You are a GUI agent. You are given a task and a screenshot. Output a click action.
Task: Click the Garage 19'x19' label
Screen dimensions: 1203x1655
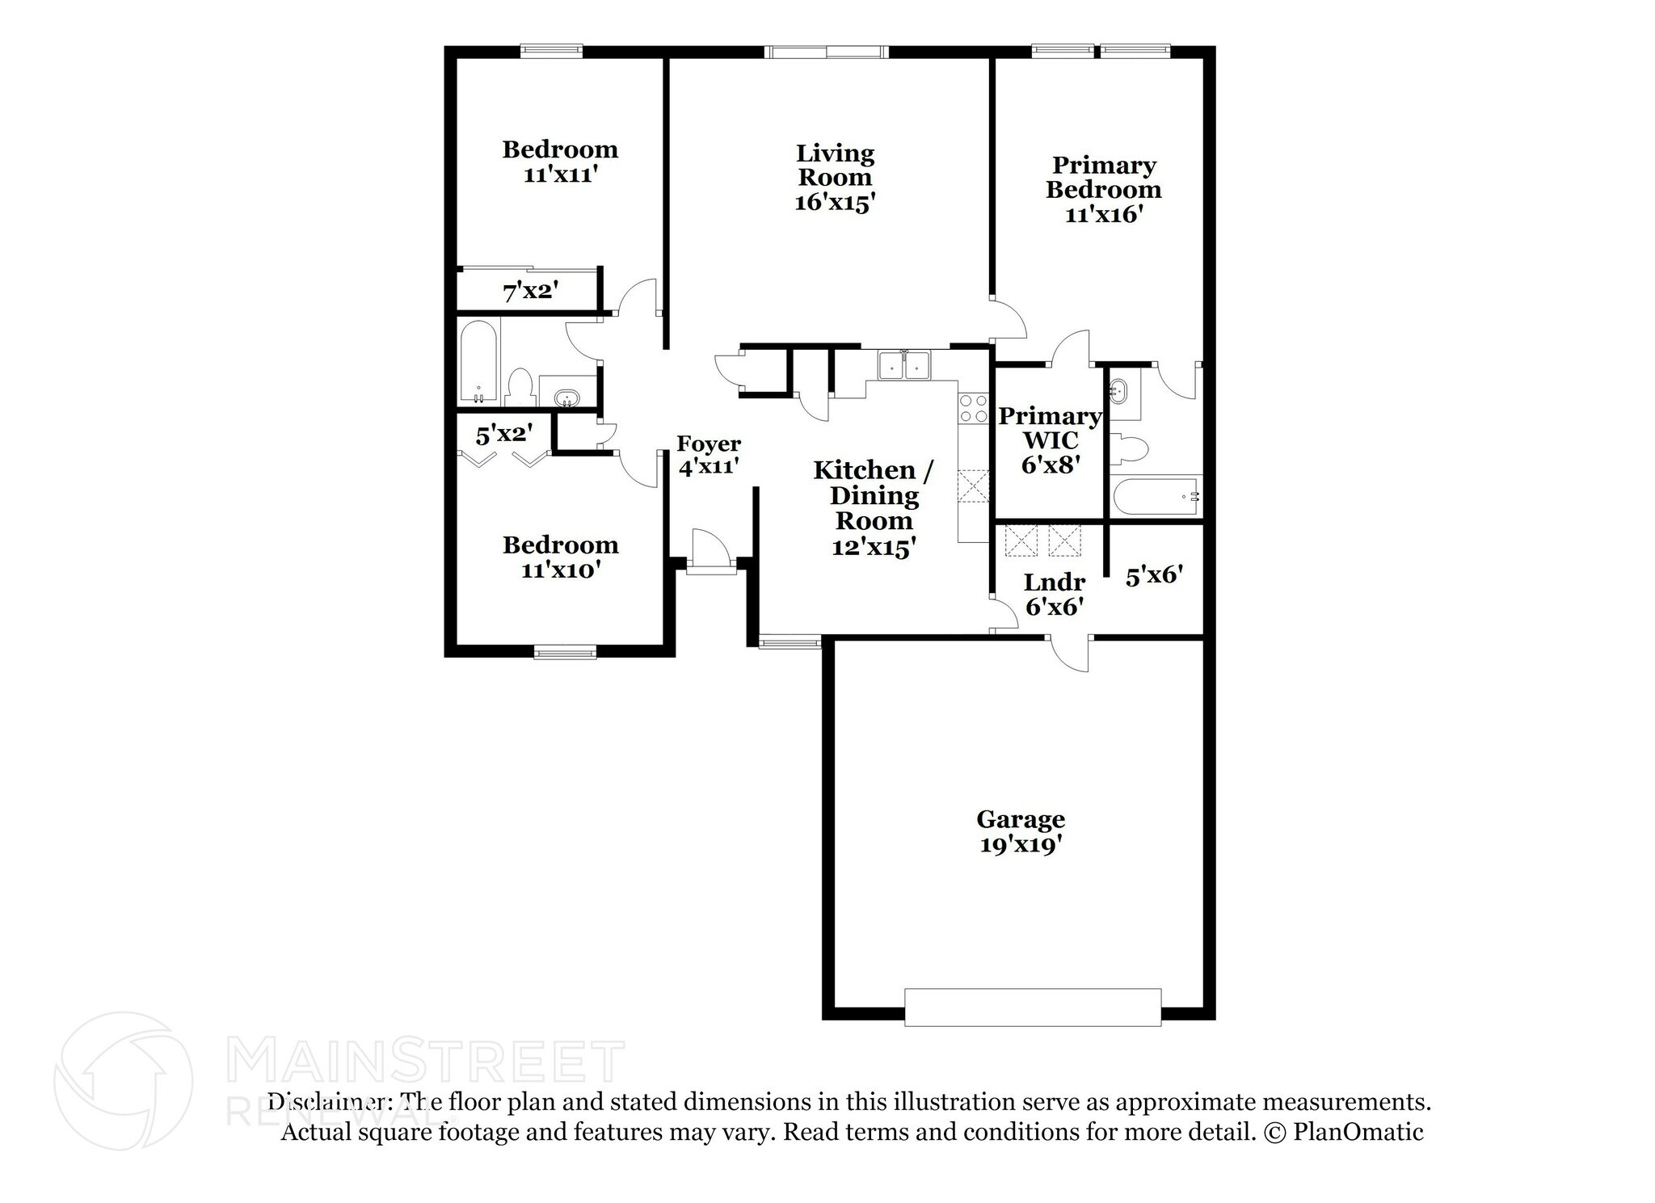click(1021, 831)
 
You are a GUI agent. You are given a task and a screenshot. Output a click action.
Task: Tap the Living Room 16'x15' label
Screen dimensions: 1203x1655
click(835, 178)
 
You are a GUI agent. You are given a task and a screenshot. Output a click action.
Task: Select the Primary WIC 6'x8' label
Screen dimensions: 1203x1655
click(1050, 440)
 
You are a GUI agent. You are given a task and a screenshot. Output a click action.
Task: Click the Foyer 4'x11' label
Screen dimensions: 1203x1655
click(708, 455)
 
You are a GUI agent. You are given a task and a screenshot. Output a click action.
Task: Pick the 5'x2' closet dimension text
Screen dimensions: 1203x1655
click(503, 435)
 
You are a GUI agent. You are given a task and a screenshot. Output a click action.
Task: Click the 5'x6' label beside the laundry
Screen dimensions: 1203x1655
click(1154, 575)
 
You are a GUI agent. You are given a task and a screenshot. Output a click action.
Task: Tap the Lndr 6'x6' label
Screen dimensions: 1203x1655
click(1054, 594)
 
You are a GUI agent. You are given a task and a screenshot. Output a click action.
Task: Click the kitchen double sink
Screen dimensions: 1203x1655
click(904, 365)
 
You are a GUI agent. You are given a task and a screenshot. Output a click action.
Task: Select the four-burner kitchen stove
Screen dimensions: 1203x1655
click(973, 409)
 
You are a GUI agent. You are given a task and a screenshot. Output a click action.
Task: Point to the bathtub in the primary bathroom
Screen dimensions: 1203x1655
click(1156, 497)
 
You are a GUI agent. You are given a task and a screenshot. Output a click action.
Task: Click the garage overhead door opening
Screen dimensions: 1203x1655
click(1032, 1007)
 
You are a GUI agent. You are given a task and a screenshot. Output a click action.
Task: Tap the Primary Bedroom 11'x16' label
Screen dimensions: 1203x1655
click(1103, 190)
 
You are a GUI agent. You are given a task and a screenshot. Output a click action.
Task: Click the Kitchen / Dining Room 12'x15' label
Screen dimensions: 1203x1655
click(874, 508)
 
